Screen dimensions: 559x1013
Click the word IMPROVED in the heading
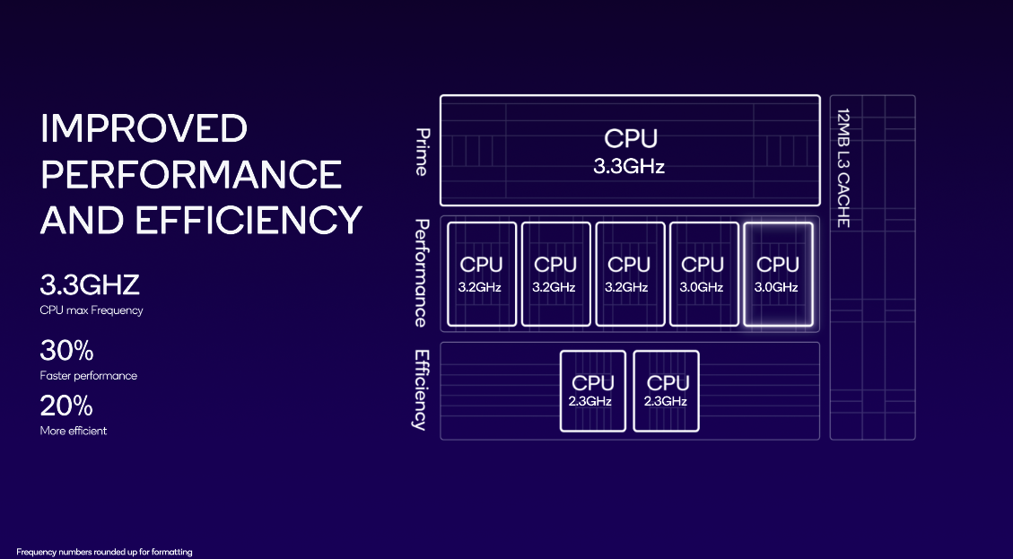coord(144,128)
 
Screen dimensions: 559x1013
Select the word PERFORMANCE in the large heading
coord(191,174)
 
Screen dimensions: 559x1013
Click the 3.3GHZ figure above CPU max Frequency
coord(90,286)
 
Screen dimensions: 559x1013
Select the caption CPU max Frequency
coord(92,310)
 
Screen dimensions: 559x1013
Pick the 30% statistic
coord(66,351)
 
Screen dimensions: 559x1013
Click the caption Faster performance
coord(89,376)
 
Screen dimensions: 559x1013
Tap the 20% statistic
coord(66,406)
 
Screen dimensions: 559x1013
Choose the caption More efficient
coord(74,431)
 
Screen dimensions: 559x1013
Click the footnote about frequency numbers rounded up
coord(104,552)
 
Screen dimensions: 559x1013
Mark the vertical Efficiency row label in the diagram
coord(420,389)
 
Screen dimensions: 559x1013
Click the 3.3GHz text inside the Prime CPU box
coord(629,166)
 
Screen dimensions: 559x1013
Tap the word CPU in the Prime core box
coord(630,139)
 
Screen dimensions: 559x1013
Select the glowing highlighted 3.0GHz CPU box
coord(777,274)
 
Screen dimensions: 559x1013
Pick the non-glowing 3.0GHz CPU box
coord(703,274)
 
